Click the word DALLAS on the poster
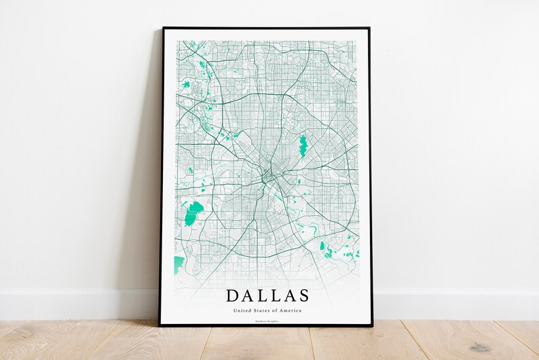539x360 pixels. (267, 295)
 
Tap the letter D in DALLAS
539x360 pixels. (232, 295)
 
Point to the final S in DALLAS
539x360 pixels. (303, 295)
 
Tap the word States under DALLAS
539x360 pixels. (261, 310)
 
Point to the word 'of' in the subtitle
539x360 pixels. (276, 310)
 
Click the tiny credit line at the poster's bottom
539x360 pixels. (267, 321)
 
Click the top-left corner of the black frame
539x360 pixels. (164, 29)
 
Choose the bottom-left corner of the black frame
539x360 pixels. (161, 325)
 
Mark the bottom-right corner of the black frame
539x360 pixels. (372, 327)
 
